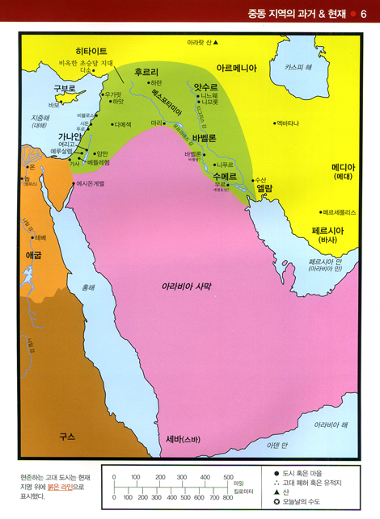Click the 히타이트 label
point(91,51)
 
